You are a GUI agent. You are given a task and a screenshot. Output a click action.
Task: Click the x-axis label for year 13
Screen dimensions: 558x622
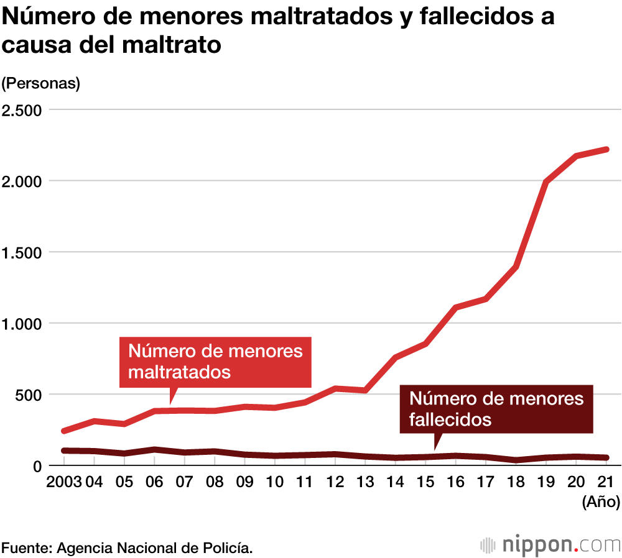click(x=365, y=483)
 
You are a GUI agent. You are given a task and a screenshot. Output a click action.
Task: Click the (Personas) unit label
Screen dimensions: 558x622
click(x=41, y=83)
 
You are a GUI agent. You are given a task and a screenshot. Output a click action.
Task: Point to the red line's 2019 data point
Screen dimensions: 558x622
click(x=546, y=182)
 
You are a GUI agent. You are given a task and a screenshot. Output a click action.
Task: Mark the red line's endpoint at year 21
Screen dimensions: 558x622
click(x=606, y=149)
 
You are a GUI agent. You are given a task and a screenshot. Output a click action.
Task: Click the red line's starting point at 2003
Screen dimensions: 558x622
click(x=64, y=431)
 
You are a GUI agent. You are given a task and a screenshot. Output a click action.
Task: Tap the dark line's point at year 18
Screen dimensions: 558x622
click(x=516, y=460)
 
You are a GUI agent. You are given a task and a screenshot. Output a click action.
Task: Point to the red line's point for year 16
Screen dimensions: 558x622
click(x=456, y=307)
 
